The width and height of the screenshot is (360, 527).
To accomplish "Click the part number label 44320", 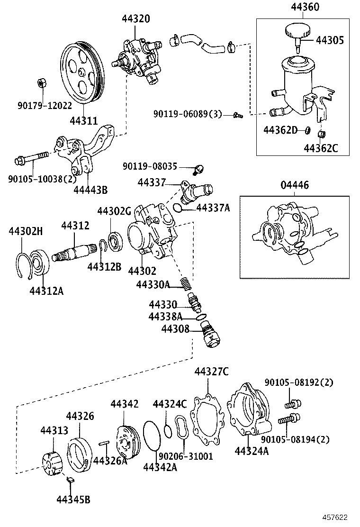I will click(x=135, y=19).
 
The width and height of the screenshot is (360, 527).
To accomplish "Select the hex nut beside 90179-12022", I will click(x=41, y=83).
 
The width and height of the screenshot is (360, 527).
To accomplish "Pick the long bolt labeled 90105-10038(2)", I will click(x=32, y=158).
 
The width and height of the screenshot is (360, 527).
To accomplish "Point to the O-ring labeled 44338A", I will click(x=201, y=318).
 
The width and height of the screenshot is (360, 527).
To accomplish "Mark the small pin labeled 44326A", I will click(x=105, y=444).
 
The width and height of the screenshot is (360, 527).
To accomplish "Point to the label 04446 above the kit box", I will click(x=297, y=184).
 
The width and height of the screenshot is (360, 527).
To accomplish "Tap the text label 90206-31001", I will click(x=185, y=456).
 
